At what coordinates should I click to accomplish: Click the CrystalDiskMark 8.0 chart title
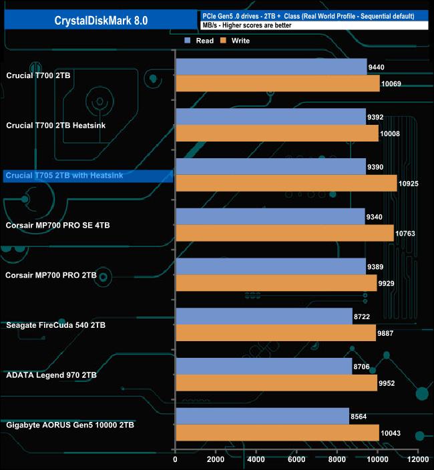(101, 21)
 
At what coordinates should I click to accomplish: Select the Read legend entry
(200, 41)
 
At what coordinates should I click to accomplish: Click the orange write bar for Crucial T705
(286, 184)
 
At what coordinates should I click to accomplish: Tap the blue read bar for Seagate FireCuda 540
(263, 316)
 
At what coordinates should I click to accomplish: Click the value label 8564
(360, 417)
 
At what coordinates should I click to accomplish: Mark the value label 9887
(388, 334)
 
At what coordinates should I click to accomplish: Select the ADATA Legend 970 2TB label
(51, 375)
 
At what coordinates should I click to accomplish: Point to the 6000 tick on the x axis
(296, 459)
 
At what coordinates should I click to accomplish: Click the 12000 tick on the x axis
(418, 459)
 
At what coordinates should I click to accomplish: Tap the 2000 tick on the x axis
(216, 459)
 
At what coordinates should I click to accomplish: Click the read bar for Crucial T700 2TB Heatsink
(270, 116)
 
